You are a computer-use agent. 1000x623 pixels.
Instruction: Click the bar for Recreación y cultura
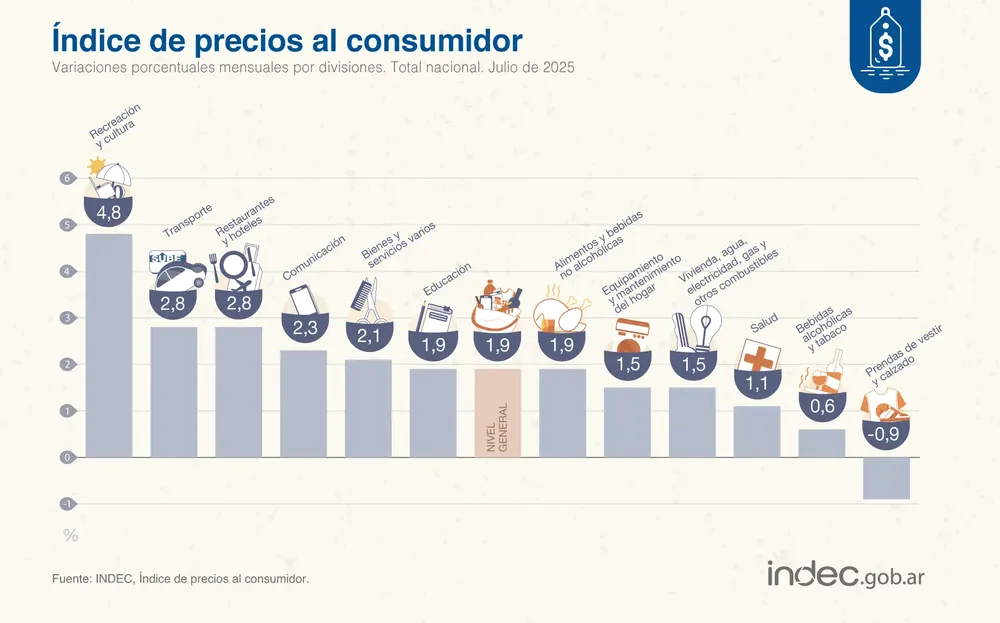(108, 345)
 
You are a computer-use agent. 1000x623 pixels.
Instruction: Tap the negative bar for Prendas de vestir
(886, 478)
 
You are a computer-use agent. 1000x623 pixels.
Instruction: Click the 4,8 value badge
(108, 213)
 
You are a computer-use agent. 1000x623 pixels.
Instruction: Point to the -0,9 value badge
(886, 435)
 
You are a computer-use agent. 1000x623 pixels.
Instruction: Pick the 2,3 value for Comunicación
(303, 328)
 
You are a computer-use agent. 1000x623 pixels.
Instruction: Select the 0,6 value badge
(822, 406)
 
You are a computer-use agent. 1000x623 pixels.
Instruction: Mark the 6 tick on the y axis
(66, 179)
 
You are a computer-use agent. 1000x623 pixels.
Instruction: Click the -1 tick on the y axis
(66, 504)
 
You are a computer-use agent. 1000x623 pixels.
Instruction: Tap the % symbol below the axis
(70, 535)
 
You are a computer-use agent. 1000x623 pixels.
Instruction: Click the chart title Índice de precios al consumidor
(286, 40)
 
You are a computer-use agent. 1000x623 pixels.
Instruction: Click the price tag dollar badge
(884, 44)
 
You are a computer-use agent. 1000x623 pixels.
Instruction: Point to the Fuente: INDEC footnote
(180, 579)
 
